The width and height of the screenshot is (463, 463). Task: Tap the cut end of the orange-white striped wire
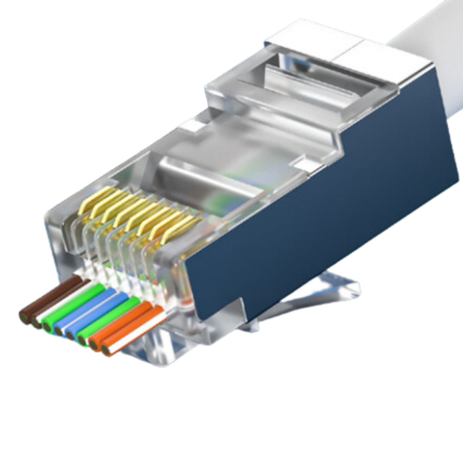[105, 350]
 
